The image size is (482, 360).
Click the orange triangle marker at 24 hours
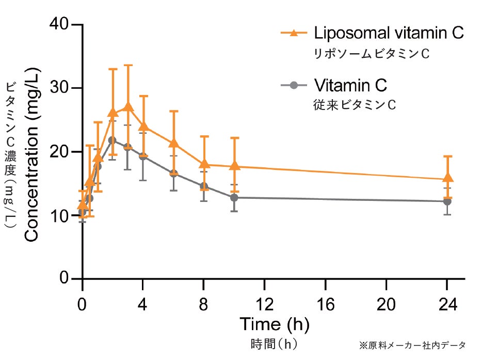click(x=448, y=178)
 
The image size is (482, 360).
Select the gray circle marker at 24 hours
click(x=447, y=201)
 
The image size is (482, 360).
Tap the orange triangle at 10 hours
click(x=235, y=165)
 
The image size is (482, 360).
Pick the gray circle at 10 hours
click(x=234, y=197)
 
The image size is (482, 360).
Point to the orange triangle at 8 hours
click(x=204, y=164)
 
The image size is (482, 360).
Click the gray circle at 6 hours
click(x=174, y=174)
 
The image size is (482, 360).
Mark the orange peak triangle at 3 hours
click(x=128, y=107)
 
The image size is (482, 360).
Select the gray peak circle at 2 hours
click(x=113, y=140)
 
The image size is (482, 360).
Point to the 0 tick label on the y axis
click(x=64, y=279)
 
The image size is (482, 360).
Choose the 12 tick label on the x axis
click(x=265, y=304)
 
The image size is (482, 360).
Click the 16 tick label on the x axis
click(x=326, y=304)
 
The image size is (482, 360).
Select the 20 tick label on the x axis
click(x=387, y=304)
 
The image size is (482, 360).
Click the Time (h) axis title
click(x=274, y=324)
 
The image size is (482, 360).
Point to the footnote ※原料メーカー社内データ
click(x=412, y=345)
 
